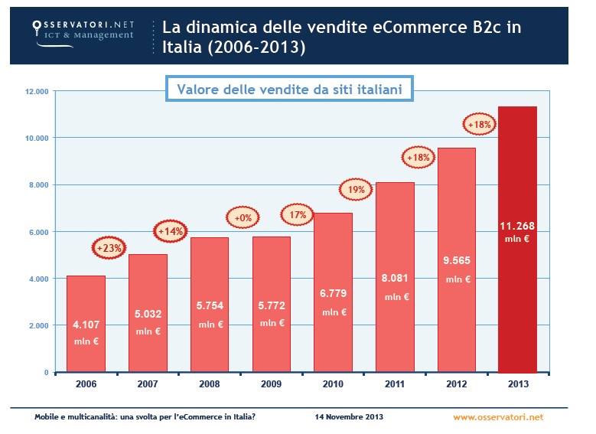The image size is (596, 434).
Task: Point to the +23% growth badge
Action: tap(109, 247)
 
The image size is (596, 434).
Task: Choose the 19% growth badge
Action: tap(354, 188)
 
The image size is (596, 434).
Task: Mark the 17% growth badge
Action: tap(298, 215)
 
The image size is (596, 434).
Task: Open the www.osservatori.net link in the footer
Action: tap(497, 417)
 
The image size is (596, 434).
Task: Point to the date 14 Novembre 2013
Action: tap(349, 417)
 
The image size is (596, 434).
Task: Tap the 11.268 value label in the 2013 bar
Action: tap(517, 227)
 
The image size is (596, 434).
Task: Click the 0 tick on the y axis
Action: tap(46, 372)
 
